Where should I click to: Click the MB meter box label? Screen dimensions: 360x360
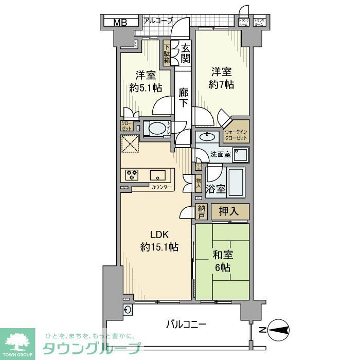pyautogui.click(x=119, y=22)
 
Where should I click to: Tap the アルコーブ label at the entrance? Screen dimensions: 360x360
pyautogui.click(x=158, y=21)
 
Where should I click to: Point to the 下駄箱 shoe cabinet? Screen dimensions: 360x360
pyautogui.click(x=168, y=52)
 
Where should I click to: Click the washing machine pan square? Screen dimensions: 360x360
pyautogui.click(x=240, y=155)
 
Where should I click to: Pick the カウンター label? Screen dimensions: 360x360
pyautogui.click(x=161, y=187)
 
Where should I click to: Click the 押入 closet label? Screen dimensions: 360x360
pyautogui.click(x=230, y=211)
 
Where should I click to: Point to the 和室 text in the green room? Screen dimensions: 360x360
pyautogui.click(x=222, y=255)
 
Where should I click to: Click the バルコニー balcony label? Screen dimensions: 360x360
pyautogui.click(x=186, y=325)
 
